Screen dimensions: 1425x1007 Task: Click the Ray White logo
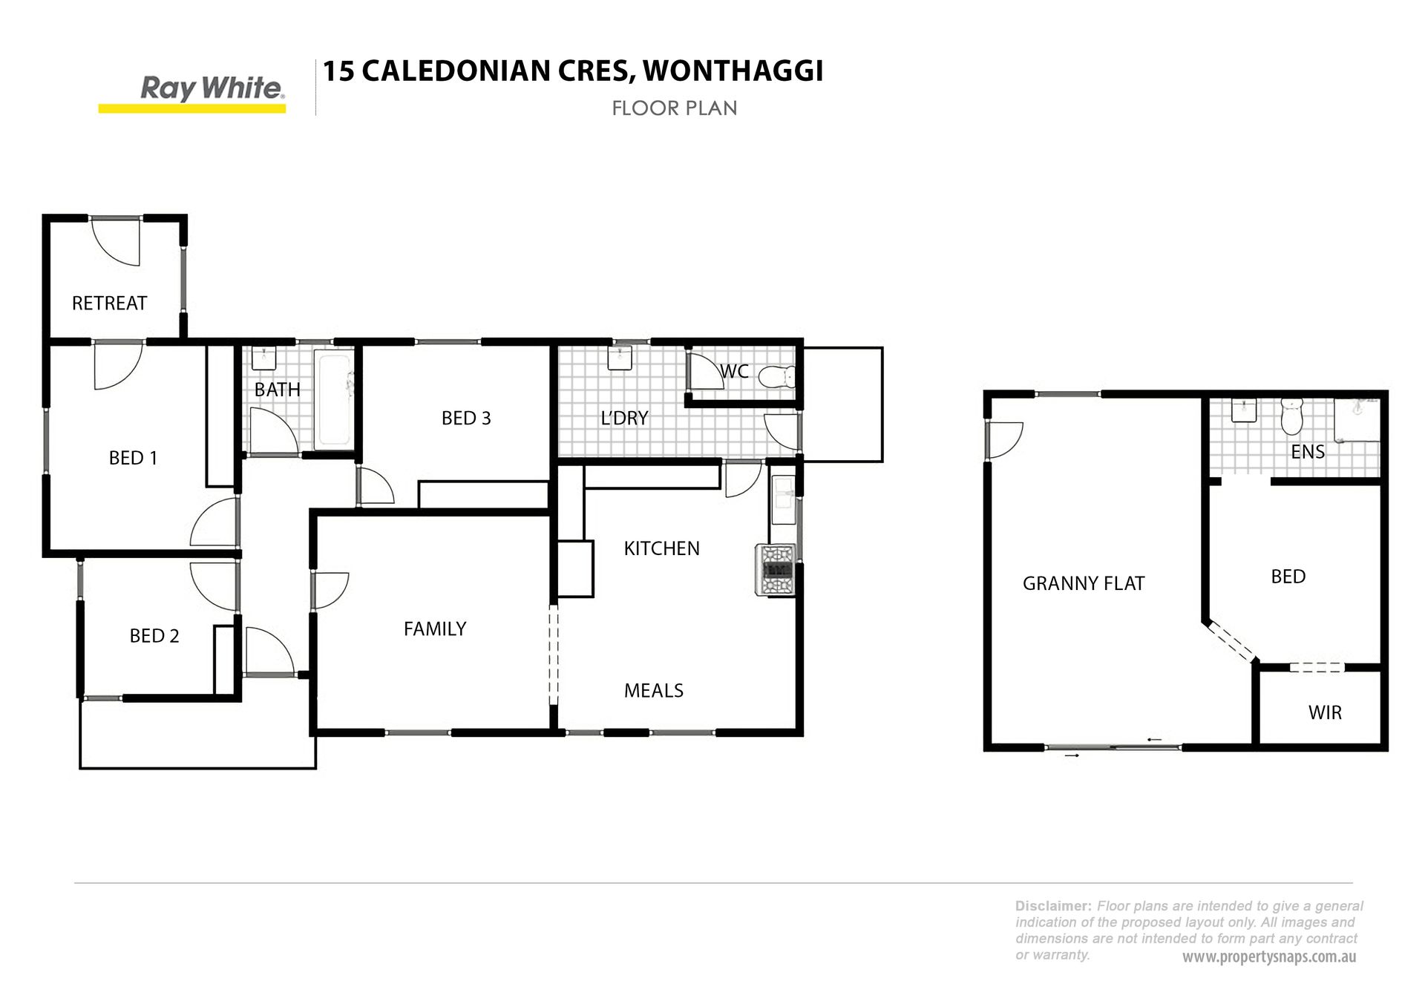click(x=192, y=94)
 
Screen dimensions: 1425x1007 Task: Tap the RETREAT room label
click(x=109, y=303)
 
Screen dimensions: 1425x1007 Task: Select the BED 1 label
click(x=133, y=458)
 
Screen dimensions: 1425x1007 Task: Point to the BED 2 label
click(x=154, y=636)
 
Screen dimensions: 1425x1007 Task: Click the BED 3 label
click(x=466, y=419)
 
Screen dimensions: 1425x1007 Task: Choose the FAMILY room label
click(x=435, y=629)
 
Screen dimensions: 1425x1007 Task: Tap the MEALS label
click(x=654, y=691)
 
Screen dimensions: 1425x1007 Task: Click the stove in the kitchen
click(x=776, y=570)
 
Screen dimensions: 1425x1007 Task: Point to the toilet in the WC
click(x=777, y=377)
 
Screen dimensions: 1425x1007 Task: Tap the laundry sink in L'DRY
click(x=619, y=358)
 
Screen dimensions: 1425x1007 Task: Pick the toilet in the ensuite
click(x=1292, y=417)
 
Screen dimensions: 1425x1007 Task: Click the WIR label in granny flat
click(x=1325, y=713)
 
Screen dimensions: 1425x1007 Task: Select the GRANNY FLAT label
click(x=1084, y=584)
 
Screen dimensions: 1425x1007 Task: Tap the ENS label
click(x=1308, y=452)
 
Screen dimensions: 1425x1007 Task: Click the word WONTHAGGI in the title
click(x=733, y=71)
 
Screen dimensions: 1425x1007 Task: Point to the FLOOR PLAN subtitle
click(x=675, y=108)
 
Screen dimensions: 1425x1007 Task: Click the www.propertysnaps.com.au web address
click(x=1269, y=957)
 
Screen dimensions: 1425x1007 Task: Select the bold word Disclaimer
click(x=1054, y=906)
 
